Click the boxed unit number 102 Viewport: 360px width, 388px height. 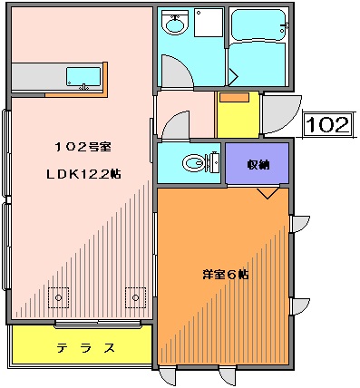coord(326,123)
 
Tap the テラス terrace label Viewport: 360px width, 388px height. coord(86,348)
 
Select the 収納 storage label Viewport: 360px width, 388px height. coord(258,164)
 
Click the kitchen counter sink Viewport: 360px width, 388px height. coord(83,76)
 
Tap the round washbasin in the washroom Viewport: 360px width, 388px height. coord(173,25)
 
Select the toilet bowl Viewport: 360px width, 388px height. coord(193,164)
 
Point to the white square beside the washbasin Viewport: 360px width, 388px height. coord(209,23)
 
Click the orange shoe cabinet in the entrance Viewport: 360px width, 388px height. coord(234,97)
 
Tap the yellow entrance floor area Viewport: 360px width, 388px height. coord(238,119)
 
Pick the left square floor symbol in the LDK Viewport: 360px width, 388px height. coord(60,296)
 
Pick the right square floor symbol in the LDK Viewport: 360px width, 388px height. coord(136,296)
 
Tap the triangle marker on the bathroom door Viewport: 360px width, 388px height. coord(232,73)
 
